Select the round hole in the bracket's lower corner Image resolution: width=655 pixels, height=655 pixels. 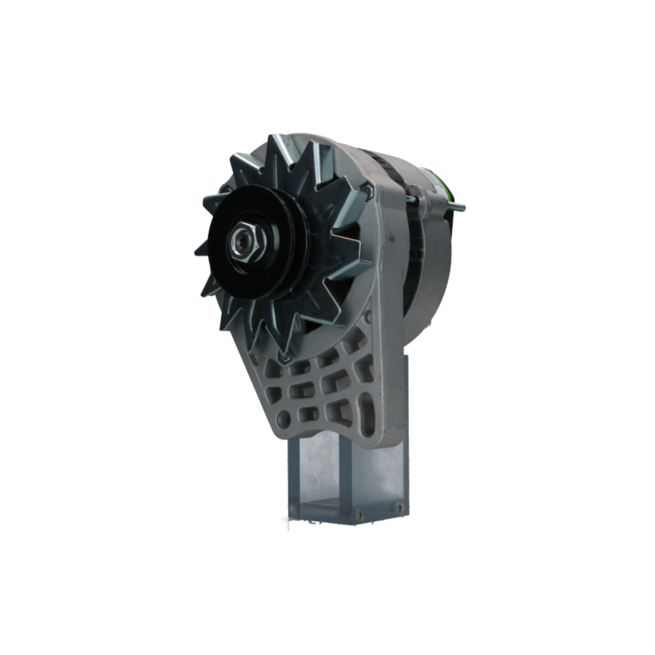tap(283, 417)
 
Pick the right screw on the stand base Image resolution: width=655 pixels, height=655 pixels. tap(399, 507)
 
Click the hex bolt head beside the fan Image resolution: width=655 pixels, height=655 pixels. tap(367, 191)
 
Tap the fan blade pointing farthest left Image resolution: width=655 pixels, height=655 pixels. tap(200, 250)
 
